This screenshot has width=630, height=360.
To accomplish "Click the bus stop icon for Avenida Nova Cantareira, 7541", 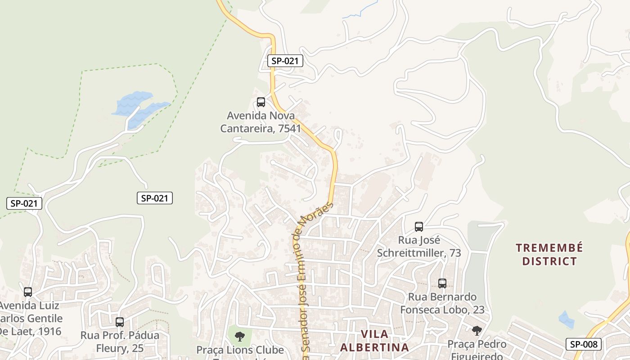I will point(261,102).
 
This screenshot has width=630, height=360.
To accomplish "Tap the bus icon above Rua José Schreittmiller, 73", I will point(419,226).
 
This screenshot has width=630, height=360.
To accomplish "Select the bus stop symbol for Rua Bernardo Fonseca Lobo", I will point(442,283).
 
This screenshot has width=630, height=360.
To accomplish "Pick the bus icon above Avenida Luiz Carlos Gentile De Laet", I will point(28,292).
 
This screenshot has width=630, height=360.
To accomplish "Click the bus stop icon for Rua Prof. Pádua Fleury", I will point(119,322).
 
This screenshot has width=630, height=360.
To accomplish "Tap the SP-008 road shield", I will point(584,344).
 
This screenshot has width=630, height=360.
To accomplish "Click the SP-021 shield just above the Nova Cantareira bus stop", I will point(285,61).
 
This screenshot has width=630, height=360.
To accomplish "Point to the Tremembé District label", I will point(549,254).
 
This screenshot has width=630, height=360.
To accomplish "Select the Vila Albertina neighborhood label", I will point(374,341).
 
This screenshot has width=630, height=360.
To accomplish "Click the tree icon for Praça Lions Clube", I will point(240,335).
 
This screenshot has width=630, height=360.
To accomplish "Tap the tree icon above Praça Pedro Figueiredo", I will point(477,331).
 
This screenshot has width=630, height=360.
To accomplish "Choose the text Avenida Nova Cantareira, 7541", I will point(261,122).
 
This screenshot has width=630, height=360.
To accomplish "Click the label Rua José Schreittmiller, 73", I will point(419,246).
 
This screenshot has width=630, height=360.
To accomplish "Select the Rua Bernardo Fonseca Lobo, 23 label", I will point(442,303).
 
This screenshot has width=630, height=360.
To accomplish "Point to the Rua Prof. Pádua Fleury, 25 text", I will point(120,342).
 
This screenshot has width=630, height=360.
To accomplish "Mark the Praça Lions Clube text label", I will point(240,350).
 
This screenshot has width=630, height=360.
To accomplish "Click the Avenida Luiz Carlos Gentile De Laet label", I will point(31,319).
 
